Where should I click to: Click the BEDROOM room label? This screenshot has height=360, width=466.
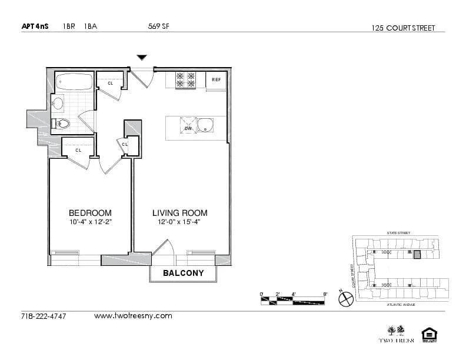pos(90,213)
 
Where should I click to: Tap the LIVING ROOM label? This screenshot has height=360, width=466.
pos(179,213)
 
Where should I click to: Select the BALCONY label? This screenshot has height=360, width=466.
pos(183,273)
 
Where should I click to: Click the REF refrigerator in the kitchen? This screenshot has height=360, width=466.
pos(216,80)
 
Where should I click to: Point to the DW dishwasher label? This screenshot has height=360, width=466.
pos(188,128)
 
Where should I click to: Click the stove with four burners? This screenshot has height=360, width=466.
pos(185,80)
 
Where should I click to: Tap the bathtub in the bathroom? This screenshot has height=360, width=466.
pos(74,82)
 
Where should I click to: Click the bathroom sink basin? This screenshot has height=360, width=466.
pos(58,104)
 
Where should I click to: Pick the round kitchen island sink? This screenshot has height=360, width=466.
pos(205,125)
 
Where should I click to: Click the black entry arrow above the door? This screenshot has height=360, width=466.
pos(141,58)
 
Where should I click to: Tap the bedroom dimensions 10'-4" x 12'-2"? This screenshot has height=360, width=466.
pos(90,222)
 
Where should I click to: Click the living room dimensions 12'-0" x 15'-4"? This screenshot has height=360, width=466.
pos(179,222)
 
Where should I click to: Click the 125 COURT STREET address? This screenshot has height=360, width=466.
pos(404,28)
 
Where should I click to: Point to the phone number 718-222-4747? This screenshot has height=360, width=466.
pos(44,316)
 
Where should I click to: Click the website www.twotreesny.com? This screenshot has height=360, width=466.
pos(133,316)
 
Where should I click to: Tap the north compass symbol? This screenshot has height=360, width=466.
pos(345,299)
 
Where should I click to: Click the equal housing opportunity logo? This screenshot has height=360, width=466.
pos(428,336)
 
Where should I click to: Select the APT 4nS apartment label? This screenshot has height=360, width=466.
pos(35,26)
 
